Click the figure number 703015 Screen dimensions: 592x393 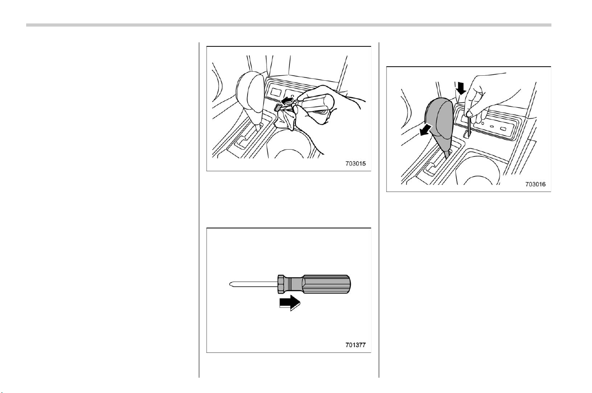coord(355,164)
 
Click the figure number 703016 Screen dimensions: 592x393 coord(535,184)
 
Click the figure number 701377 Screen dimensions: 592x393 coord(355,345)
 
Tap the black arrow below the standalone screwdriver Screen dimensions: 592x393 coord(290,303)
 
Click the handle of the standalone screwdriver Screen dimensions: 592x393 coord(326,284)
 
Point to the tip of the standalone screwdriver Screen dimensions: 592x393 coord(230,284)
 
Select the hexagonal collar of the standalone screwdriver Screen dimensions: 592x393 coord(281,284)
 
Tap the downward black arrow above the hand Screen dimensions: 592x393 coord(461,88)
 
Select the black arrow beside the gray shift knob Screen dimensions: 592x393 coord(426,130)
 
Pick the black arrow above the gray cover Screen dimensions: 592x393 coord(287,101)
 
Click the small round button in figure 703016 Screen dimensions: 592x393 coord(482,123)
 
